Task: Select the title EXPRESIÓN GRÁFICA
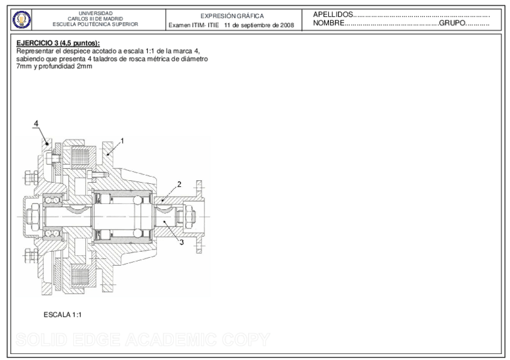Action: pos(232,16)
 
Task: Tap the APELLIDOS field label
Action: pos(333,14)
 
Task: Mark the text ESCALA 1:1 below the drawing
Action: pos(63,314)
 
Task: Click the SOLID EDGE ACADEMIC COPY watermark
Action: pos(140,340)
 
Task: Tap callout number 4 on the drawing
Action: pos(36,123)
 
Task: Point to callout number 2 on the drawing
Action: pos(179,185)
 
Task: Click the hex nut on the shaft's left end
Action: pos(32,215)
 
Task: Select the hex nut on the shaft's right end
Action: pos(185,215)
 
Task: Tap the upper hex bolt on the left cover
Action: pos(29,178)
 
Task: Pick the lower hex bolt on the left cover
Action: pos(29,255)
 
